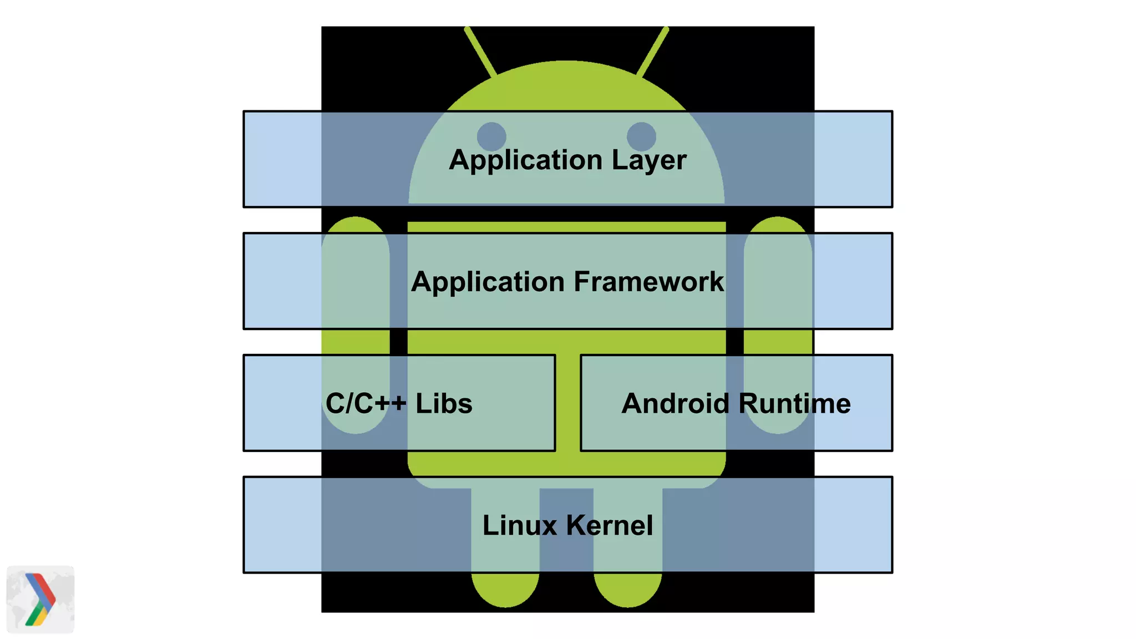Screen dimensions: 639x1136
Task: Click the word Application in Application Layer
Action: point(525,160)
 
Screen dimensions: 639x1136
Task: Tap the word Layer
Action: point(649,160)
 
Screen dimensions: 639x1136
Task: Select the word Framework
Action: point(648,282)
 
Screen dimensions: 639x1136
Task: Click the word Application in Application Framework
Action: point(488,282)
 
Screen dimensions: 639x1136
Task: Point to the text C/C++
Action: point(366,403)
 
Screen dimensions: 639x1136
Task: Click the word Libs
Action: point(444,403)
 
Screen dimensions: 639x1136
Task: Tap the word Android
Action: point(674,403)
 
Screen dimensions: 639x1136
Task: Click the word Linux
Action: point(519,525)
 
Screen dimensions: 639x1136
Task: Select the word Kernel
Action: point(610,525)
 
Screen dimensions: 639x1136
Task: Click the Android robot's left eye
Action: point(491,136)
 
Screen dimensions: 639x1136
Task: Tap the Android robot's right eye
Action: point(641,136)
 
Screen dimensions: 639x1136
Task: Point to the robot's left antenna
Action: point(480,52)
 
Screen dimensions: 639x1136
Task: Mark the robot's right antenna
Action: point(653,52)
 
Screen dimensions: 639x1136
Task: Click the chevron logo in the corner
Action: point(40,600)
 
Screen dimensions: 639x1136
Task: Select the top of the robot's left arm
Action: point(356,225)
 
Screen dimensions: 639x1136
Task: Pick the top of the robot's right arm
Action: point(778,225)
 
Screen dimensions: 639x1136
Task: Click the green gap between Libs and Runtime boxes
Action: point(567,403)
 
